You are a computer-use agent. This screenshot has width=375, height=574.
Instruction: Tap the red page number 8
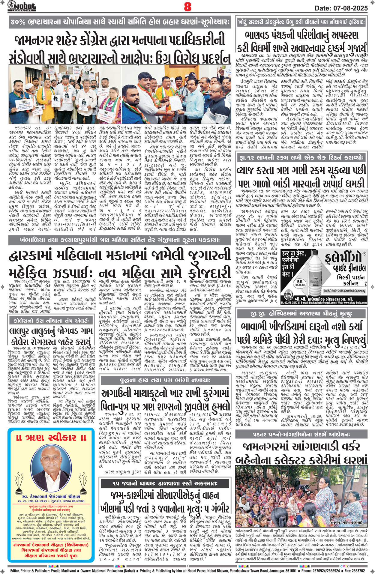pyautogui.click(x=187, y=6)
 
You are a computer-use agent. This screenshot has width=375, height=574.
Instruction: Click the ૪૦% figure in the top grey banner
pyautogui.click(x=17, y=22)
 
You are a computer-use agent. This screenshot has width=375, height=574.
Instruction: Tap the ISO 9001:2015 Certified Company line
pyautogui.click(x=344, y=291)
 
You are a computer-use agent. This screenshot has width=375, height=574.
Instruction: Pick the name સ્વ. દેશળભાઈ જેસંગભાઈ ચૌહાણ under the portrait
pyautogui.click(x=49, y=497)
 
